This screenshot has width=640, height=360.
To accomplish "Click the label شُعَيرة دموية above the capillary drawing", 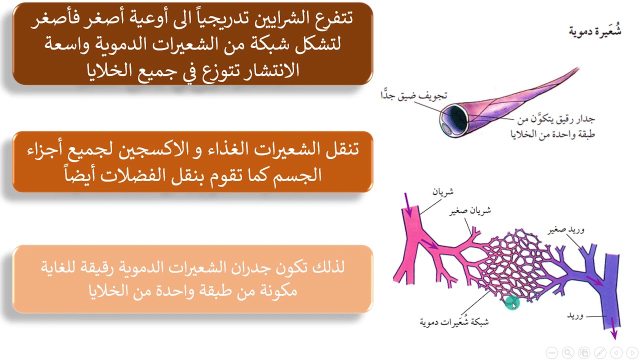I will pos(595,31).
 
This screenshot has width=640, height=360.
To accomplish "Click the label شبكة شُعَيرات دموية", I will pos(454,321).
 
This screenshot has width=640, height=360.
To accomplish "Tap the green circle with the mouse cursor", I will pos(512,303).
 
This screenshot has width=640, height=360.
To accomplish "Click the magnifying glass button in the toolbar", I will pos(567,352).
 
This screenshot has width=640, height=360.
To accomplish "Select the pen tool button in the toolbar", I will pos(600,352).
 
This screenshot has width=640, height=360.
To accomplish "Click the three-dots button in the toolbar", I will pos(551,352).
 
